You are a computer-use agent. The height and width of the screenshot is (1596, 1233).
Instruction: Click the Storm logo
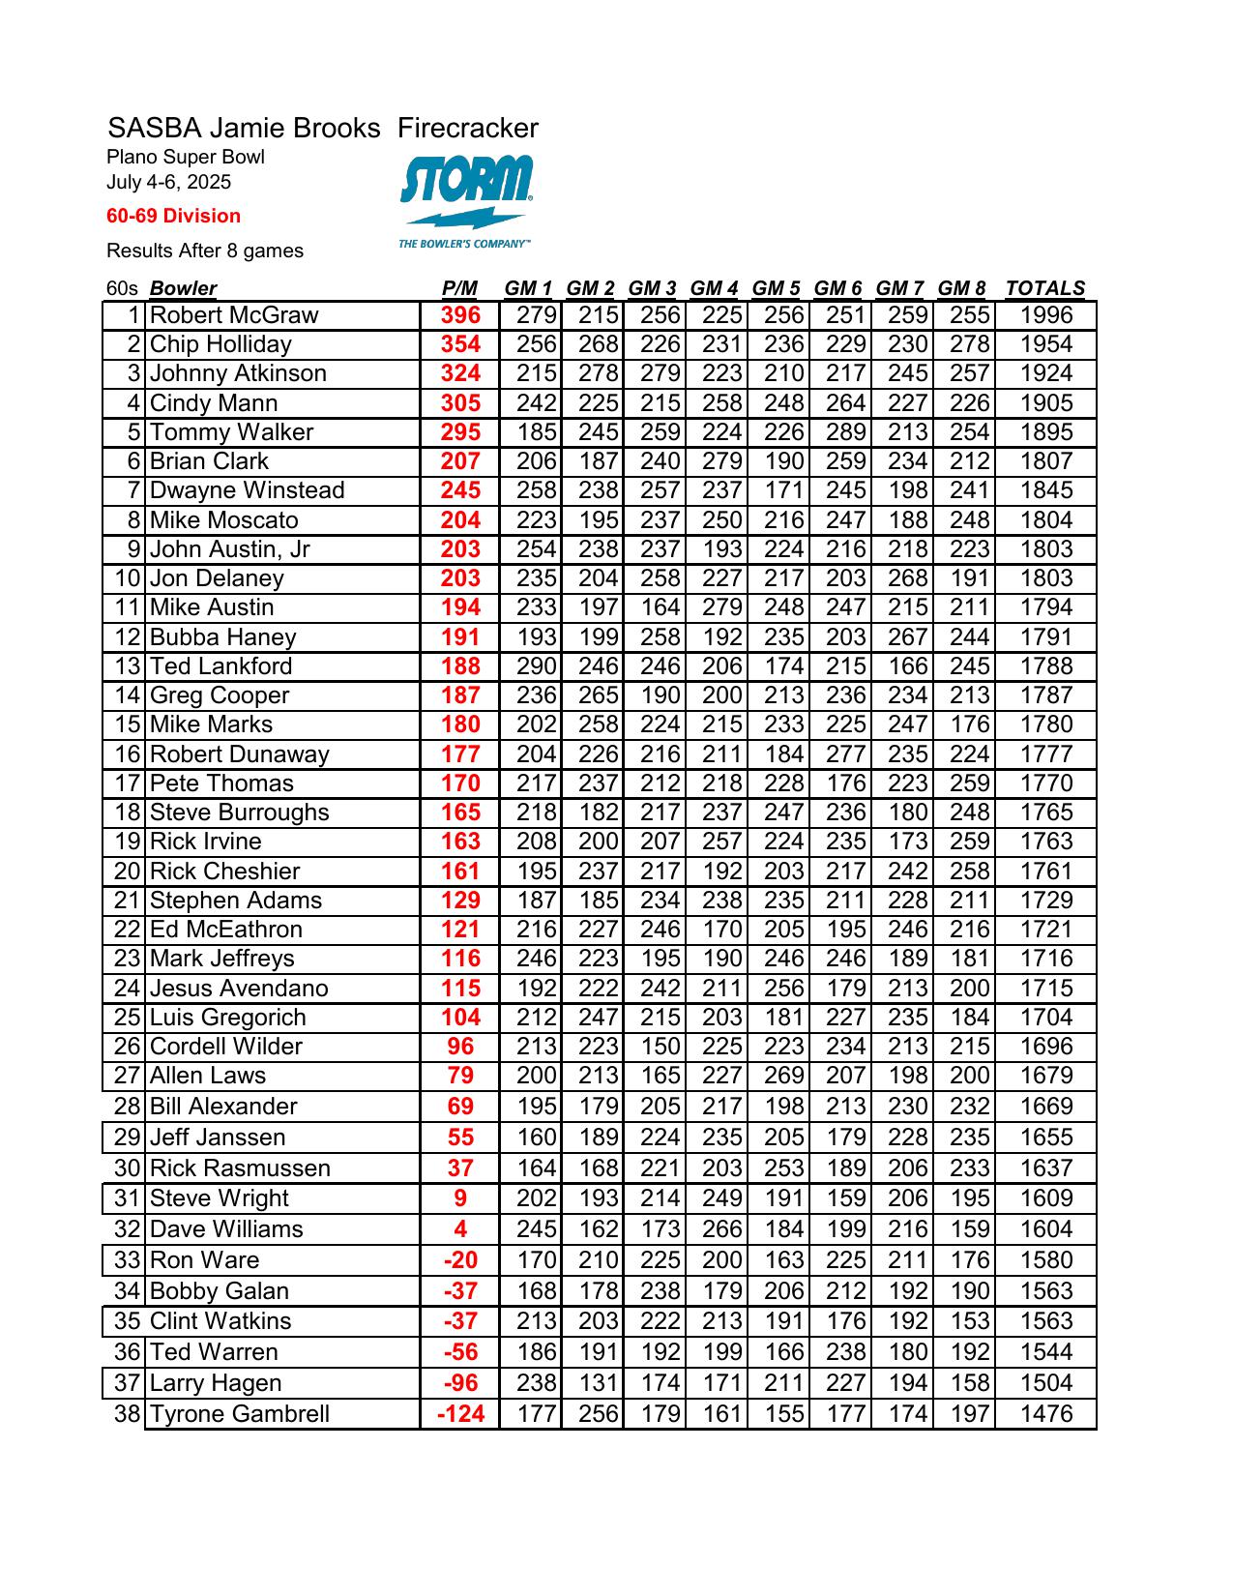466,200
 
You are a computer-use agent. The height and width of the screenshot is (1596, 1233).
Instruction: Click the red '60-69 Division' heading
174,216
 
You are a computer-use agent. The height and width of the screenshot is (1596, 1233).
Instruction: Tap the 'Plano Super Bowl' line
186,157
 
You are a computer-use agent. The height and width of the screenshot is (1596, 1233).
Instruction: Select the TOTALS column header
1044,288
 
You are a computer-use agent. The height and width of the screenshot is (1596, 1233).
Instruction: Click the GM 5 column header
776,288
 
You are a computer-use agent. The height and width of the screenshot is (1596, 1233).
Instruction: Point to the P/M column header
459,288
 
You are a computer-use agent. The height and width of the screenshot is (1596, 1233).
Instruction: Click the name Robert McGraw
234,315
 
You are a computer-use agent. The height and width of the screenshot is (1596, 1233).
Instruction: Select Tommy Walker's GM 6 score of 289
845,432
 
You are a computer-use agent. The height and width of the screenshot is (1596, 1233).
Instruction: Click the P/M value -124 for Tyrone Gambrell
460,1414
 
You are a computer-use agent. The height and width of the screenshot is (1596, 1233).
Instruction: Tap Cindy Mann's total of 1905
1046,403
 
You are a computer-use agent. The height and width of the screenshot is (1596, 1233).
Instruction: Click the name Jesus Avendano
239,989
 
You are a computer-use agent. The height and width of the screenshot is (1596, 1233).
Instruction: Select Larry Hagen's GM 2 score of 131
599,1383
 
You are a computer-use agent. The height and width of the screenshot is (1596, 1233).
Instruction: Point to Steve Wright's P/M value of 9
460,1198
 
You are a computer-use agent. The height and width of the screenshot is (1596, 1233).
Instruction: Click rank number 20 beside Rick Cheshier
128,872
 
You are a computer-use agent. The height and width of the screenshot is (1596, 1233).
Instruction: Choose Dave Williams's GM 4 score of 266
722,1229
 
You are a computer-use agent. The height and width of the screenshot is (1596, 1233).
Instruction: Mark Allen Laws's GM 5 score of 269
784,1076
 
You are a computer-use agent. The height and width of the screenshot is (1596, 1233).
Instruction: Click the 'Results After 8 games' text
205,251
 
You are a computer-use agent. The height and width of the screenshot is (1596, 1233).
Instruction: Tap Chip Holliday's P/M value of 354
460,344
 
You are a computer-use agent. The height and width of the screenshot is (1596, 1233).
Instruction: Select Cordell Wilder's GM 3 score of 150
661,1047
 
